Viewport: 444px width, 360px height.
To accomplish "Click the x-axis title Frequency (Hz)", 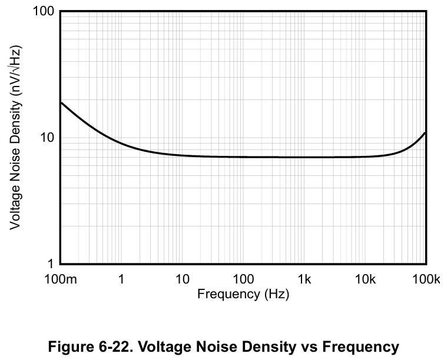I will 243,294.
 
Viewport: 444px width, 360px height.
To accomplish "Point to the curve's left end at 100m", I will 61,102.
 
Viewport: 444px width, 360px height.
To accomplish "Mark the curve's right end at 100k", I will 425,132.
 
